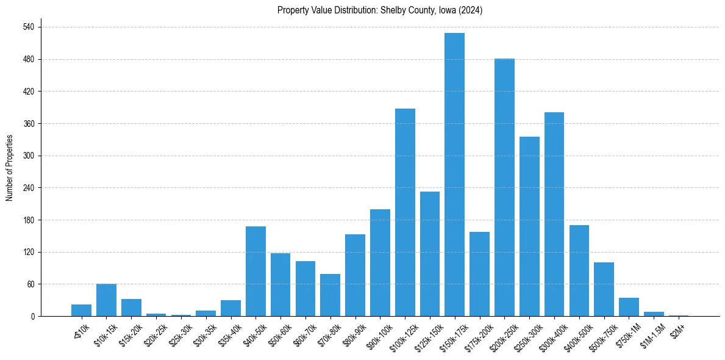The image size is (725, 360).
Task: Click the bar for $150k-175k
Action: coord(454,175)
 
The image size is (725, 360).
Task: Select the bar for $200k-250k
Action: coord(504,187)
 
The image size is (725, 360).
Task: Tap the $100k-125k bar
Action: coord(405,212)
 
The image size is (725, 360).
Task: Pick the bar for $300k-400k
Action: coord(554,214)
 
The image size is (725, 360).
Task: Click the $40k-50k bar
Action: coord(255,271)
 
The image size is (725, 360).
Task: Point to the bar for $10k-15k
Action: coord(106,300)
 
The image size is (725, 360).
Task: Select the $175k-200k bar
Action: coord(479,274)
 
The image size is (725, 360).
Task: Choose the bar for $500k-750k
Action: coord(604,289)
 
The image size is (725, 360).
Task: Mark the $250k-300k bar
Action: coord(529,226)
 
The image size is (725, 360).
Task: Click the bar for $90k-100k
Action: coord(380,262)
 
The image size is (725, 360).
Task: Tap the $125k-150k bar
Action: coord(430,254)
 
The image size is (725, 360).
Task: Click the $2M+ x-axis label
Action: coord(677,327)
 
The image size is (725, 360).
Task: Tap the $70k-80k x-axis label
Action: coord(329,331)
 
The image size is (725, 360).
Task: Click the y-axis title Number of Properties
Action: coord(10,168)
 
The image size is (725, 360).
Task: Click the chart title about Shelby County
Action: coord(380,10)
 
